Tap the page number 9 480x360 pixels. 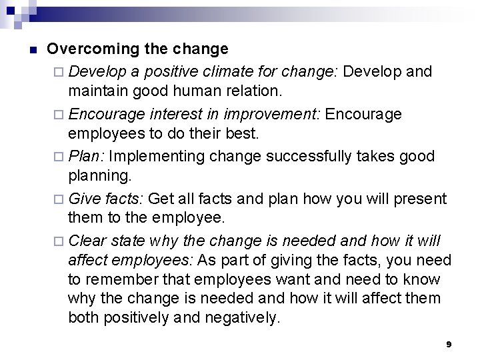point(449,344)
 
